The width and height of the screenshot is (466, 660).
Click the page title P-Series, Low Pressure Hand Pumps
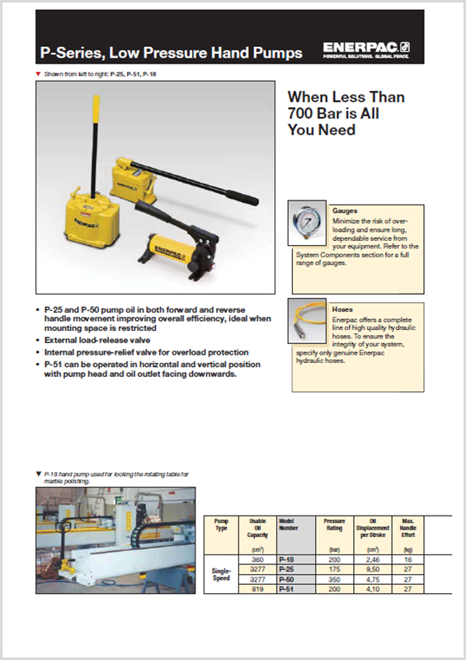172,54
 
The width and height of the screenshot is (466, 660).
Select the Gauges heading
345,211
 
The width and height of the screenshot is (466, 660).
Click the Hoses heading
341,309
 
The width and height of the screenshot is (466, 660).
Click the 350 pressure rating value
335,579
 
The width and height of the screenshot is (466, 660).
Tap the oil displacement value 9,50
373,569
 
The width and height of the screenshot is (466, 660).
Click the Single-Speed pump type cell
221,574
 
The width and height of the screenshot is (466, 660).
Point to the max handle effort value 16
408,559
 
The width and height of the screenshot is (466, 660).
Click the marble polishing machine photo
115,540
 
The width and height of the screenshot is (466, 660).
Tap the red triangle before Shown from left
39,74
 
